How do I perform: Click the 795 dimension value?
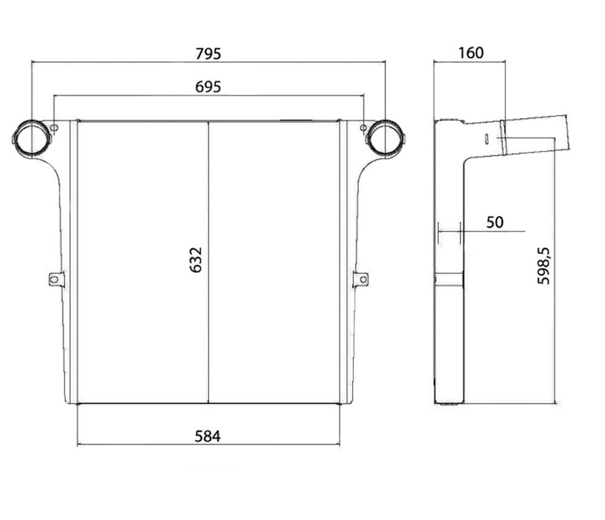coord(208,54)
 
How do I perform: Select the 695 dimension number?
coord(208,87)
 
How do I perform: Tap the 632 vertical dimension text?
coord(196,260)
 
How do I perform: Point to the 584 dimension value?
coord(208,436)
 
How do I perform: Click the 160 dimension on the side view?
coord(471,53)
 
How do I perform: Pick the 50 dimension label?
coord(495,222)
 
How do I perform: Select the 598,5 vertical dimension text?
coord(543,266)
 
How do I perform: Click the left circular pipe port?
coord(31,139)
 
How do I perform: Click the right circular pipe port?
coord(385,139)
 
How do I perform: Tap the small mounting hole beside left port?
coord(54,128)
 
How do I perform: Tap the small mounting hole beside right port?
coord(363,128)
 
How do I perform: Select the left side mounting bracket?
coord(56,278)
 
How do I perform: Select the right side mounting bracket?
coord(361,279)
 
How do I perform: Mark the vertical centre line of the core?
coord(208,263)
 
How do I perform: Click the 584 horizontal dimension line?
coord(208,444)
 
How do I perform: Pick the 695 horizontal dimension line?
coord(208,96)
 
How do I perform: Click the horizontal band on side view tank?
coord(449,279)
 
